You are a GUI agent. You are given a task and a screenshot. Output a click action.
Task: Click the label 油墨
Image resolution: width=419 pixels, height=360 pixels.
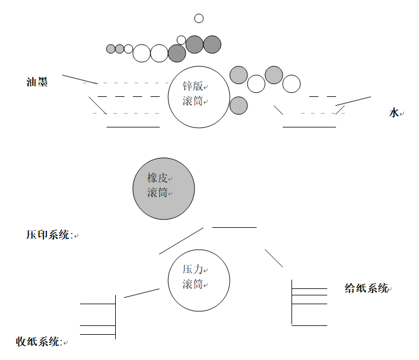coord(37,82)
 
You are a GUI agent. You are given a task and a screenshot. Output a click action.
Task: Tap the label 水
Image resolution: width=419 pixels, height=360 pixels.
coord(394,113)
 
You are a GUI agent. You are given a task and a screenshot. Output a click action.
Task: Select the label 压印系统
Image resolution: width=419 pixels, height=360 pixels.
coord(49,235)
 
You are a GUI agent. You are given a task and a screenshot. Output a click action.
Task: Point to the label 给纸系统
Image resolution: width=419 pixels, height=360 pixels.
coord(366,288)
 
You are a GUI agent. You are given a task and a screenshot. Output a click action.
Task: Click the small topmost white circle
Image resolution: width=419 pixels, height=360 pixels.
coord(199,18)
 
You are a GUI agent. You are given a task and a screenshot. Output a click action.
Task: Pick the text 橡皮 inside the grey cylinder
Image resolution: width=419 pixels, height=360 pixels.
coord(157,178)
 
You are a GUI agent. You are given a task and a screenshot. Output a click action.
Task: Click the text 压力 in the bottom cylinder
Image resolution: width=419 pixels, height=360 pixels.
coord(192,270)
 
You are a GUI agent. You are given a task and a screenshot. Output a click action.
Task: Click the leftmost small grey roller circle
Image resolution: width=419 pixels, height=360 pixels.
coord(111,49)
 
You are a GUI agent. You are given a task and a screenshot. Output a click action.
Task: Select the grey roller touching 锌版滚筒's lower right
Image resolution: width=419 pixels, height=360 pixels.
coord(238,105)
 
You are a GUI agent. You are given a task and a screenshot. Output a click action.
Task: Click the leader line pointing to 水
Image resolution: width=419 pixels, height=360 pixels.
coord(353,101)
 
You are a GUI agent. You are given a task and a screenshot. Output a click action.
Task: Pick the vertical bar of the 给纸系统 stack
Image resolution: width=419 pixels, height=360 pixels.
coord(292,302)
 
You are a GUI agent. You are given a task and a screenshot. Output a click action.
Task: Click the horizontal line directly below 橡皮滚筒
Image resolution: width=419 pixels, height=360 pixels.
coord(234,227)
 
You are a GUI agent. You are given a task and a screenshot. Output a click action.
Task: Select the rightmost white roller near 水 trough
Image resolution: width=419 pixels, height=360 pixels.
coord(291,84)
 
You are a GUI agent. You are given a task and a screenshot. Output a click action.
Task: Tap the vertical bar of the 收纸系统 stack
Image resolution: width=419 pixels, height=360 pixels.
coord(115,317)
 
